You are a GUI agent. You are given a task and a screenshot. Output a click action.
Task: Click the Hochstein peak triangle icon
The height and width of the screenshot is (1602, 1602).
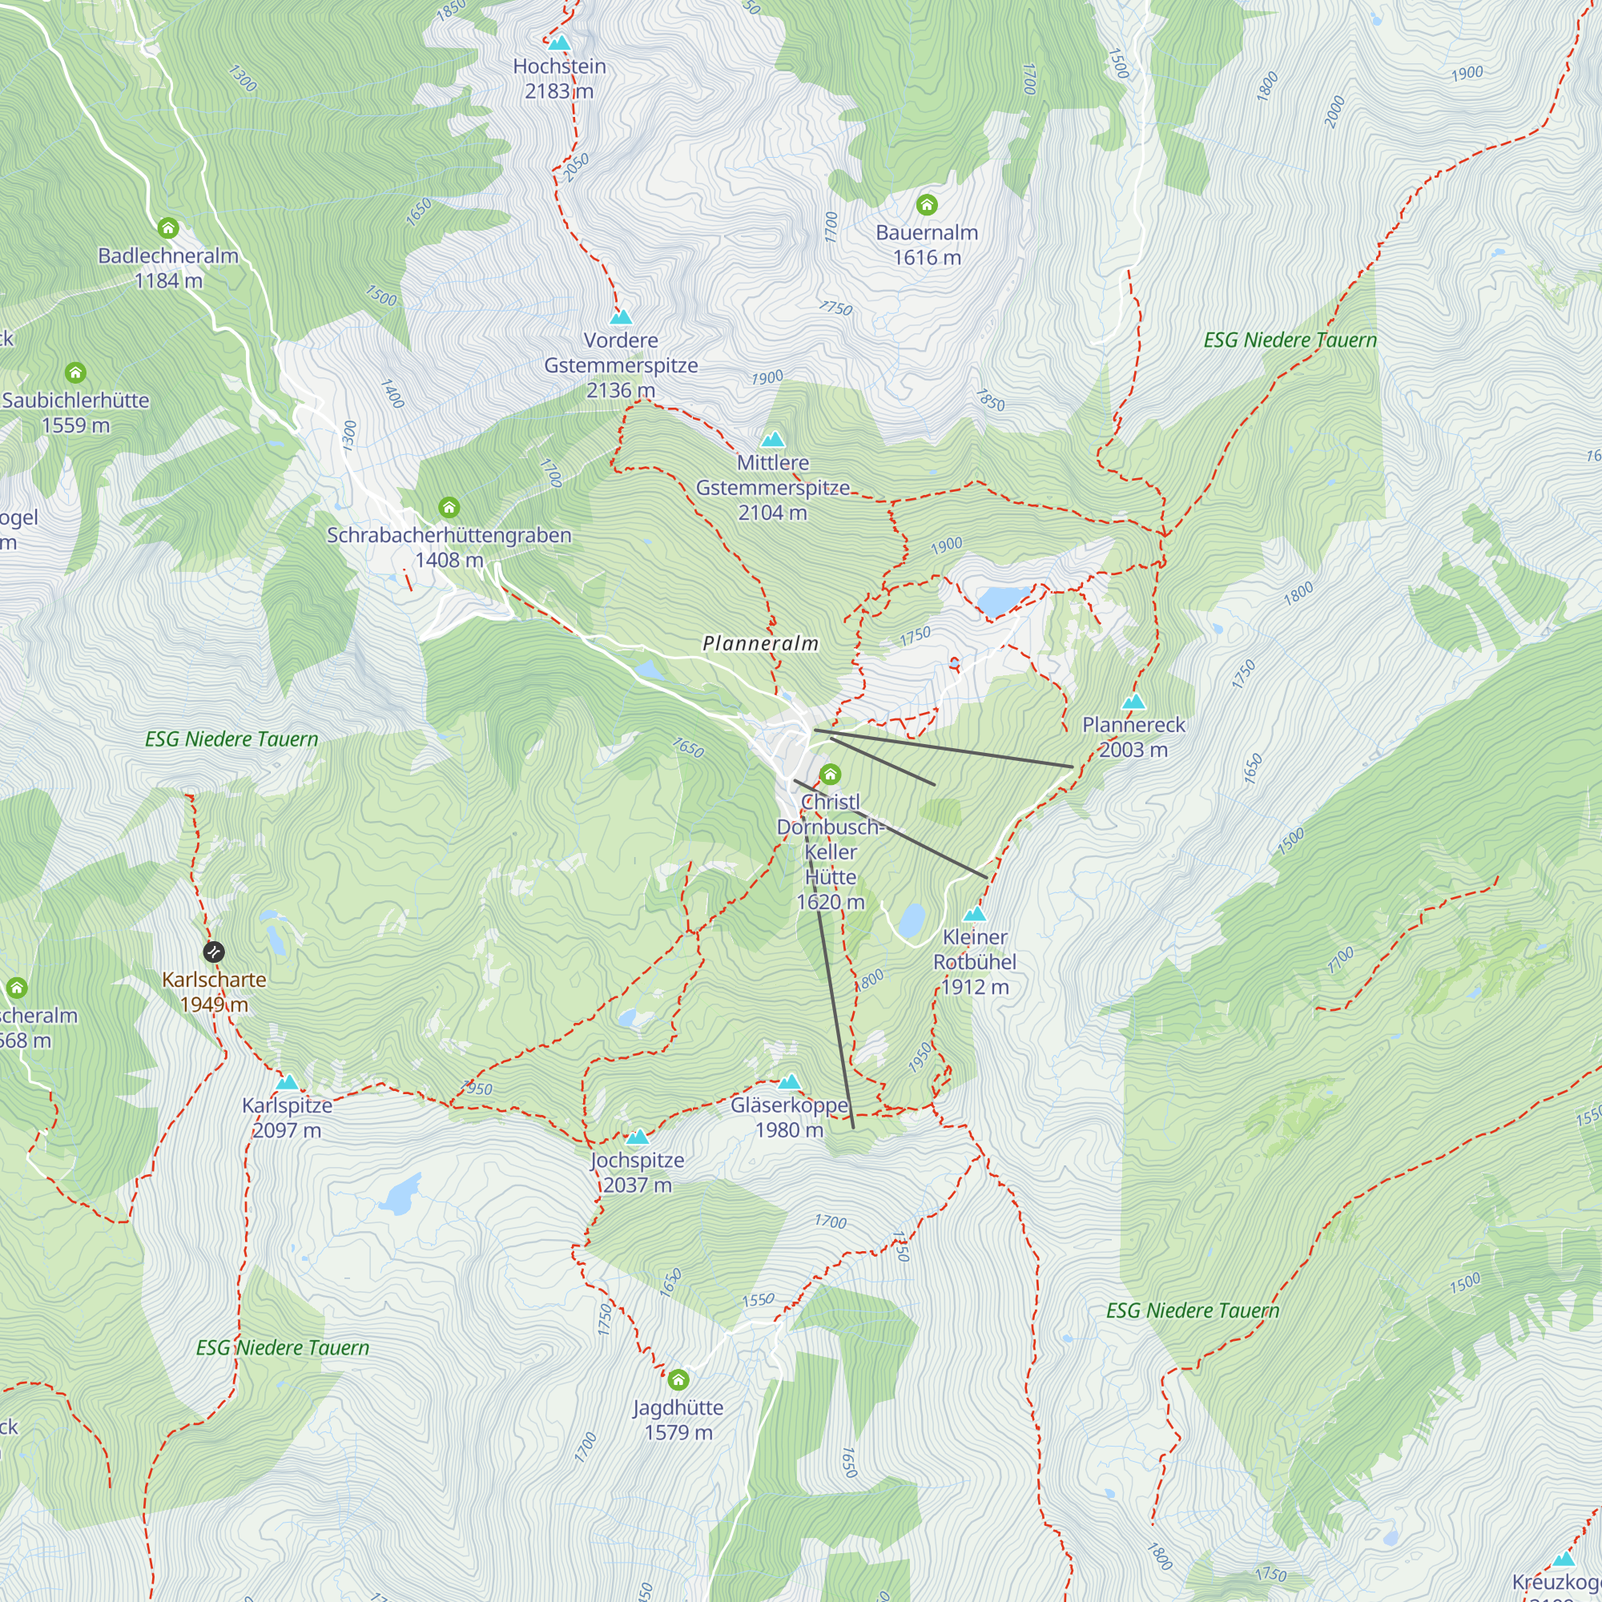pyautogui.click(x=560, y=43)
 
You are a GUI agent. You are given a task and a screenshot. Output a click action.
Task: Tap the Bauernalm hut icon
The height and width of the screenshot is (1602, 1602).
pyautogui.click(x=927, y=204)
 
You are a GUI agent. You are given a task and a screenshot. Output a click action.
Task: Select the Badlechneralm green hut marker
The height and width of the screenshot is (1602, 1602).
pyautogui.click(x=168, y=227)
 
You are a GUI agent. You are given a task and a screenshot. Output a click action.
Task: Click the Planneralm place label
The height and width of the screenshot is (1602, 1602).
pyautogui.click(x=760, y=643)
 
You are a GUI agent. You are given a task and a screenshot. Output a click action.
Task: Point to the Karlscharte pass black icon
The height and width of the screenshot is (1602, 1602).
pyautogui.click(x=214, y=951)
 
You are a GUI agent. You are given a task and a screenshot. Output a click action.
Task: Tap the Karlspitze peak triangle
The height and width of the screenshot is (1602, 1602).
pyautogui.click(x=287, y=1082)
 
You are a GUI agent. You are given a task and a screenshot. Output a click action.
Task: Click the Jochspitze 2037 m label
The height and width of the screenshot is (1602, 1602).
pyautogui.click(x=637, y=1173)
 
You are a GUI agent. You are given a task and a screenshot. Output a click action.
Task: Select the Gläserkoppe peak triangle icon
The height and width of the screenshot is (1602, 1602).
pyautogui.click(x=790, y=1081)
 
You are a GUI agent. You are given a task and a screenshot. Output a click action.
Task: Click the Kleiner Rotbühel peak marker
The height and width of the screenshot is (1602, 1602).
pyautogui.click(x=974, y=914)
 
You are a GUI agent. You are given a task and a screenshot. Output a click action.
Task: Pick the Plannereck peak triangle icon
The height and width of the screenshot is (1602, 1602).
pyautogui.click(x=1133, y=702)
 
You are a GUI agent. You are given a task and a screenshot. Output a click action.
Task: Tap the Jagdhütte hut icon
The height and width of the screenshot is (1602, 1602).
pyautogui.click(x=678, y=1380)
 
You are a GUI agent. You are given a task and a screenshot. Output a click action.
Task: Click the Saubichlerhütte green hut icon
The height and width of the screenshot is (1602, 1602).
pyautogui.click(x=75, y=372)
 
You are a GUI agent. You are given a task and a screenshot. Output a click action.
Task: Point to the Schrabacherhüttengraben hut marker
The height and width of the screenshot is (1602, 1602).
pyautogui.click(x=449, y=507)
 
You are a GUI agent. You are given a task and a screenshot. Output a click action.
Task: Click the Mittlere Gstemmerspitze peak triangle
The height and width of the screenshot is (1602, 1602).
pyautogui.click(x=773, y=439)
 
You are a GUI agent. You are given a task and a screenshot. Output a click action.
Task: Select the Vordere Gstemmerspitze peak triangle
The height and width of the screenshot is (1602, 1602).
pyautogui.click(x=620, y=316)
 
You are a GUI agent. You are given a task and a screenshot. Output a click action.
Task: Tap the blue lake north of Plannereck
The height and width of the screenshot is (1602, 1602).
pyautogui.click(x=1000, y=599)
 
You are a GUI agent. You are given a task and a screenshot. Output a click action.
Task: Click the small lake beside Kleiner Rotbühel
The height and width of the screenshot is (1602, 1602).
pyautogui.click(x=912, y=920)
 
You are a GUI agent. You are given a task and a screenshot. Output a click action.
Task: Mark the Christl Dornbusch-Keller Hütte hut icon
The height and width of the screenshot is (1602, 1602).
pyautogui.click(x=830, y=775)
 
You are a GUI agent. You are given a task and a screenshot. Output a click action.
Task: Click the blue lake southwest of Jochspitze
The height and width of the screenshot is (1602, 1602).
pyautogui.click(x=400, y=1195)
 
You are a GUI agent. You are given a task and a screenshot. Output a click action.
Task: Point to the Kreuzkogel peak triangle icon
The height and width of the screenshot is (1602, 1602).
pyautogui.click(x=1564, y=1559)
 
